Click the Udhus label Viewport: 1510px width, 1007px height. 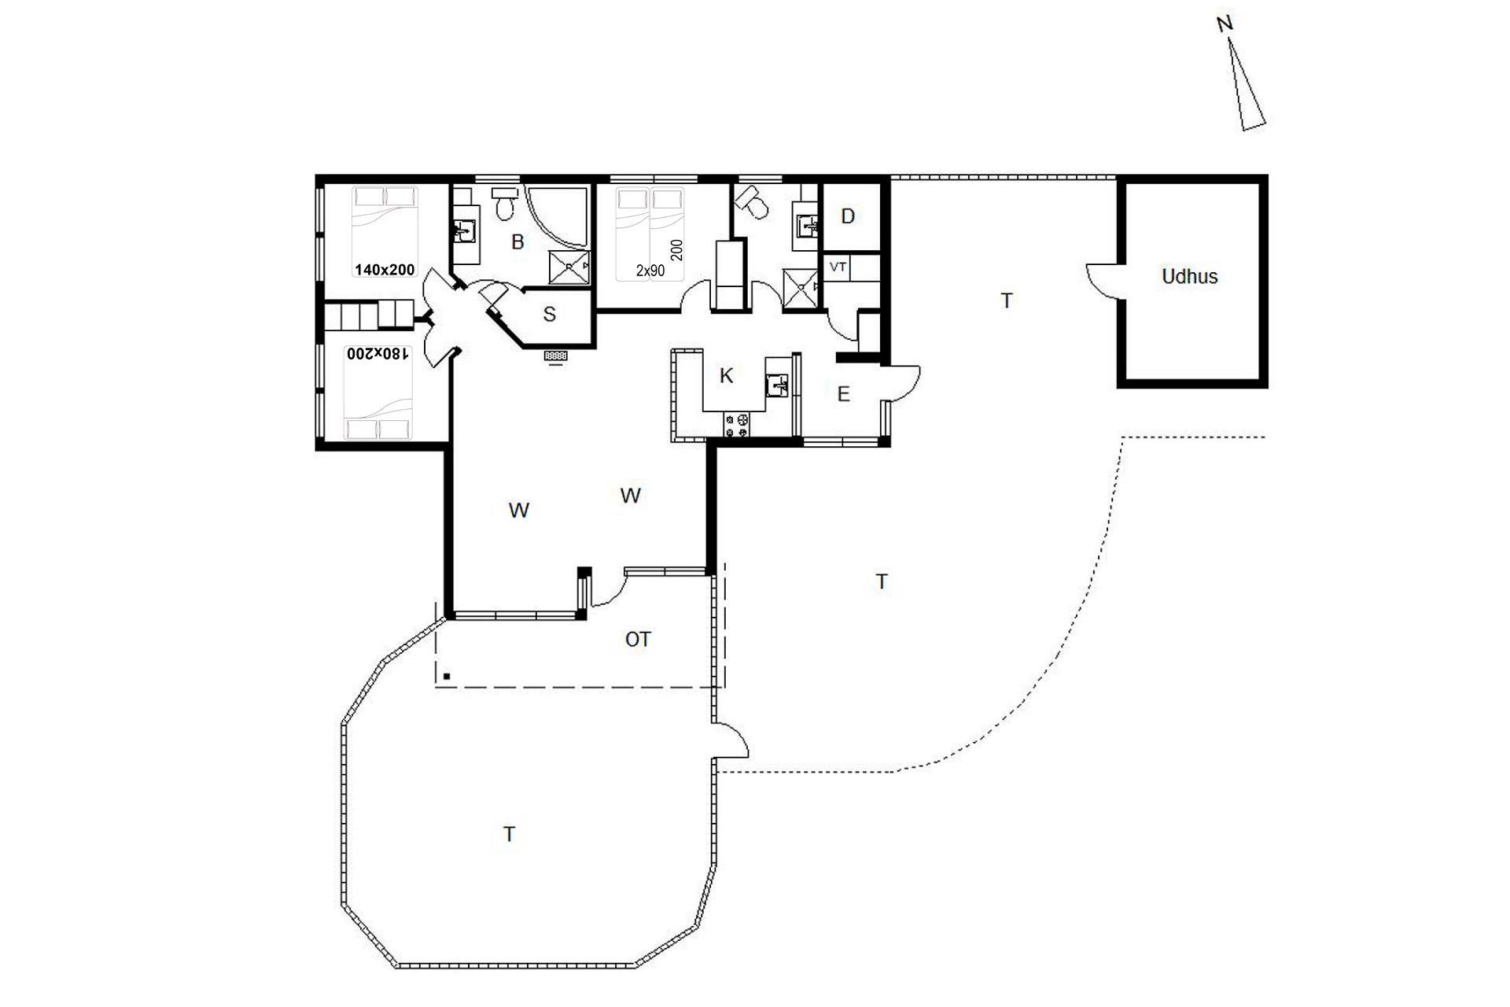[1189, 276]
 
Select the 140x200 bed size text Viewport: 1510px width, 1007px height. [385, 270]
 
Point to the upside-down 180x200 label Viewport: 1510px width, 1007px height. [378, 354]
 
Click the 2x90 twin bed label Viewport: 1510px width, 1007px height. [650, 271]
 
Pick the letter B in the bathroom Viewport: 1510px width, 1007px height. [517, 242]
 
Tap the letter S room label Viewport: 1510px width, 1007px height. [550, 315]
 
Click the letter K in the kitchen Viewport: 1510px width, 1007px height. [727, 375]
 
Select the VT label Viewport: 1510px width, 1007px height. [838, 267]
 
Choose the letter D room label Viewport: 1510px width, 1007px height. [848, 216]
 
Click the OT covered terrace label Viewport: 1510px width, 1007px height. [638, 640]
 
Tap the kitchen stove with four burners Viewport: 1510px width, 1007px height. [738, 426]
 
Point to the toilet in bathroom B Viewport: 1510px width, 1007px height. [505, 203]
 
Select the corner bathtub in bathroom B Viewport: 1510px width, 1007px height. [557, 216]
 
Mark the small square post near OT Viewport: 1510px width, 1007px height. [447, 676]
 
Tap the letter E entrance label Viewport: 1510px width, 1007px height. [844, 394]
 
